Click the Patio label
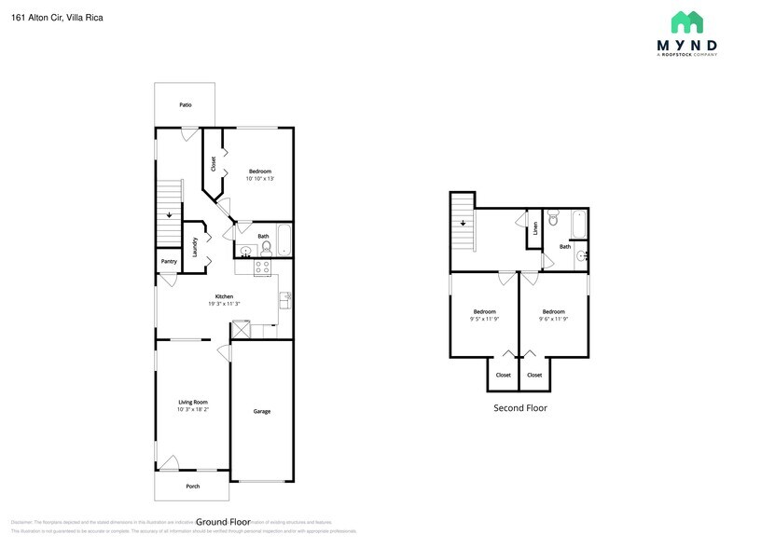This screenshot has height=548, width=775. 186,105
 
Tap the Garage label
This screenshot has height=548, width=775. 262,411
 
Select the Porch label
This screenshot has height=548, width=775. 193,486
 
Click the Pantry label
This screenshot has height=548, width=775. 169,262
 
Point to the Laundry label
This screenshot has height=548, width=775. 195,247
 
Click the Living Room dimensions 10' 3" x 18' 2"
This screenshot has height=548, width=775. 193,409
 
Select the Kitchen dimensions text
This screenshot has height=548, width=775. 224,304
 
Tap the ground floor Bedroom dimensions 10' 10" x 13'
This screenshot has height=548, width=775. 260,179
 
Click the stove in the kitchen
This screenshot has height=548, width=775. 263,267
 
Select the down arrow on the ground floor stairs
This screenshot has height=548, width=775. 169,215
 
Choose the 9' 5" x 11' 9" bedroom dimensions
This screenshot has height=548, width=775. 484,319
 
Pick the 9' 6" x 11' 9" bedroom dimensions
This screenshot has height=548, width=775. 554,319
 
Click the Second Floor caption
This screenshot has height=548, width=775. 520,408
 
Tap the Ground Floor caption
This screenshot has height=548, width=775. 224,522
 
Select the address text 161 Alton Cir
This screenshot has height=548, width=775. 37,16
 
